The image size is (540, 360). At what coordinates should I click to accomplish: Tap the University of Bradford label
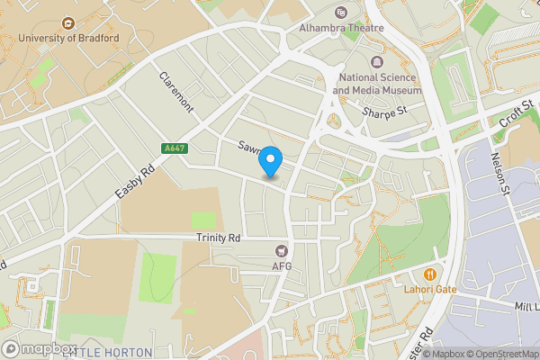tap(68, 38)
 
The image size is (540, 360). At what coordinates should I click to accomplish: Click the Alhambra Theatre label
tap(341, 28)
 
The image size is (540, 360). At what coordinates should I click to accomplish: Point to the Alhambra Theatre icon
tap(341, 13)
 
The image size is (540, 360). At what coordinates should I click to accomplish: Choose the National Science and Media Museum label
tap(376, 85)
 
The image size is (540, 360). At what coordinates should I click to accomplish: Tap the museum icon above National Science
tap(376, 62)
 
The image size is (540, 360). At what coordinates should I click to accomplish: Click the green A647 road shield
tap(175, 148)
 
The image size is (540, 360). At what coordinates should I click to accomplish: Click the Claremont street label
tap(176, 93)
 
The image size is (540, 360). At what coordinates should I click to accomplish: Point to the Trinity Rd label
tap(219, 238)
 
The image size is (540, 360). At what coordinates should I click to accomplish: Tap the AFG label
tap(282, 266)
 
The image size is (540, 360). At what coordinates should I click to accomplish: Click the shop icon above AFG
tap(282, 250)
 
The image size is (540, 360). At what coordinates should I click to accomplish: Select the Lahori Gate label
tap(431, 289)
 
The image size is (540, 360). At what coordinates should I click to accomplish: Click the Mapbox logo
tap(40, 348)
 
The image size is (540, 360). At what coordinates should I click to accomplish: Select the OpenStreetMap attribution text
tap(499, 353)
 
